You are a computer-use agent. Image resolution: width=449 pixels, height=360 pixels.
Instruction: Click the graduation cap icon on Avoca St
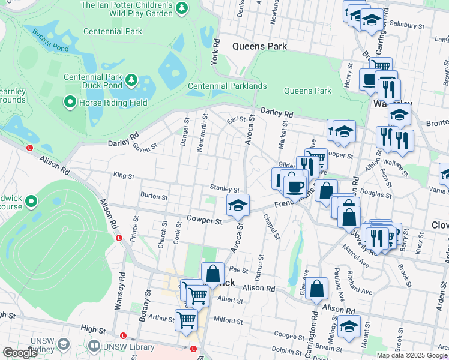point(238,205)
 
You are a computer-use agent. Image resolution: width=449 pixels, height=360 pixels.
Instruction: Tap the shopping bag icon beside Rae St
point(212,273)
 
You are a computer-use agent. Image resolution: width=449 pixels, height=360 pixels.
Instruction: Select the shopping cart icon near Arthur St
point(186,319)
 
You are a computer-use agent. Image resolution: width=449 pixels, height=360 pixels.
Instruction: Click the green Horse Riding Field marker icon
point(70,103)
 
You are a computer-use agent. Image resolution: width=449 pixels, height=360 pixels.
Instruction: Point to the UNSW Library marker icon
point(94,346)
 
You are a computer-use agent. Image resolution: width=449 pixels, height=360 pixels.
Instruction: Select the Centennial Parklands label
point(227,86)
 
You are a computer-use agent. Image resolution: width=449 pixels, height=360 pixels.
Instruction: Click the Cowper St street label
point(204,220)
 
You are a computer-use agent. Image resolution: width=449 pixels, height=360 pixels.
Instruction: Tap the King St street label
point(123,176)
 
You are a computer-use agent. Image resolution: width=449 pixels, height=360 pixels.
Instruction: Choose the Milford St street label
point(228,320)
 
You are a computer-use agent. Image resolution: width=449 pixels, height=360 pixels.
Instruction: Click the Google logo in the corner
point(20,353)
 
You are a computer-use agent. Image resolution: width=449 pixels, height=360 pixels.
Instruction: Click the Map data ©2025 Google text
point(412,355)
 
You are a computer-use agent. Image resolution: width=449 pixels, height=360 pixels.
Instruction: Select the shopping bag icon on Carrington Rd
point(316,288)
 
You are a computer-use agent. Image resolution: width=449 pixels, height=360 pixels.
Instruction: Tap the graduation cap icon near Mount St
point(349,326)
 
